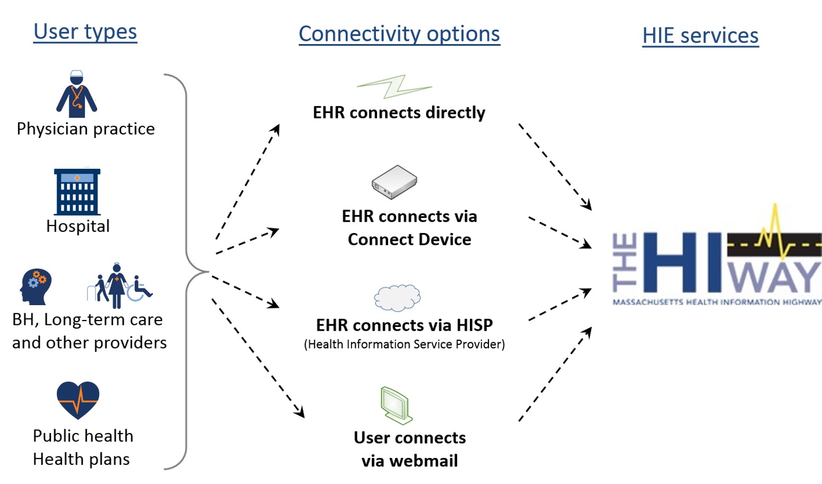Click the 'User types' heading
tap(85, 32)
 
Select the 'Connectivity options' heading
tap(399, 34)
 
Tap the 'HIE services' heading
tap(700, 36)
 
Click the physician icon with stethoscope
tap(77, 94)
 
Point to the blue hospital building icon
tap(77, 192)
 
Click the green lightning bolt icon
tap(394, 87)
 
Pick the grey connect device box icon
tap(394, 182)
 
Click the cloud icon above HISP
tap(397, 297)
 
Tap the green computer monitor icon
tap(396, 405)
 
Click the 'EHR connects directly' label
tap(399, 113)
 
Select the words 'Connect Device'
tap(409, 239)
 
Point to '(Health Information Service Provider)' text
tap(404, 344)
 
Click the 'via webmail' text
tap(409, 461)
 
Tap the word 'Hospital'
tap(78, 226)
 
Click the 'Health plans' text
tap(81, 459)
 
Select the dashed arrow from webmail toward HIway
tap(555, 374)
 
